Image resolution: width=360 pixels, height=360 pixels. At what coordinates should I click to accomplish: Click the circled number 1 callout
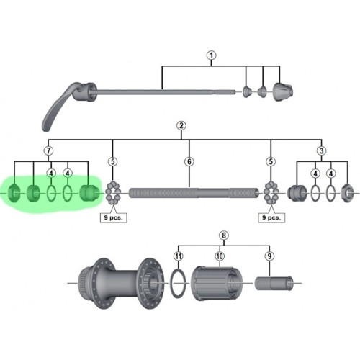pyautogui.click(x=211, y=55)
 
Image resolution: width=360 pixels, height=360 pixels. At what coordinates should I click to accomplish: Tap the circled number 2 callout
pyautogui.click(x=181, y=125)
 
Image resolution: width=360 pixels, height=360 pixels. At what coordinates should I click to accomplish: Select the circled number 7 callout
pyautogui.click(x=49, y=150)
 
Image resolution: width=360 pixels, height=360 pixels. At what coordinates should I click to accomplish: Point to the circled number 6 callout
pyautogui.click(x=189, y=162)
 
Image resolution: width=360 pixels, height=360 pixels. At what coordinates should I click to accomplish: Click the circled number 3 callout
pyautogui.click(x=322, y=150)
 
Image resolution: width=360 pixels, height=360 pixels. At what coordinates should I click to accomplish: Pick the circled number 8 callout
pyautogui.click(x=224, y=235)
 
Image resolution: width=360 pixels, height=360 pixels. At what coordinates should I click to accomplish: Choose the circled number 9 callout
pyautogui.click(x=269, y=256)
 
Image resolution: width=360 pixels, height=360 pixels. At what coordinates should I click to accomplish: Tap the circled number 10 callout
pyautogui.click(x=220, y=256)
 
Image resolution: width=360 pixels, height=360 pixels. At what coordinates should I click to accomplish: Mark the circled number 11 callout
pyautogui.click(x=178, y=256)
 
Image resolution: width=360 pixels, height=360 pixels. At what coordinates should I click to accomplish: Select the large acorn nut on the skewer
pyautogui.click(x=283, y=91)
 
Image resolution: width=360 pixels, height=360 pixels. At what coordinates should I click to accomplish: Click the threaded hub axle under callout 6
pyautogui.click(x=194, y=193)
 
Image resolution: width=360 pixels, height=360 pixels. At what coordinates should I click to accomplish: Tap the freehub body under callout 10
pyautogui.click(x=217, y=283)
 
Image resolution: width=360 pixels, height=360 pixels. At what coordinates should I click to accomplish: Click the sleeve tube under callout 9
pyautogui.click(x=274, y=284)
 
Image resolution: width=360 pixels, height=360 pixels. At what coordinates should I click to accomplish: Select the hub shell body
pyautogui.click(x=122, y=283)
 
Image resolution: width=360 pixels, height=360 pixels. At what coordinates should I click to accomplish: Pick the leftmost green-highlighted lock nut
pyautogui.click(x=14, y=193)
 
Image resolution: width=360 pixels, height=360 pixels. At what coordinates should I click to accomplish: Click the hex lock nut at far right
pyautogui.click(x=347, y=192)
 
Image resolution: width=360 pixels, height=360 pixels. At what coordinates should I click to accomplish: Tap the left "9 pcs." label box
pyautogui.click(x=113, y=218)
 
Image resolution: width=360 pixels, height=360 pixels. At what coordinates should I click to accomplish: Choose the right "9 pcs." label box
pyautogui.click(x=271, y=218)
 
